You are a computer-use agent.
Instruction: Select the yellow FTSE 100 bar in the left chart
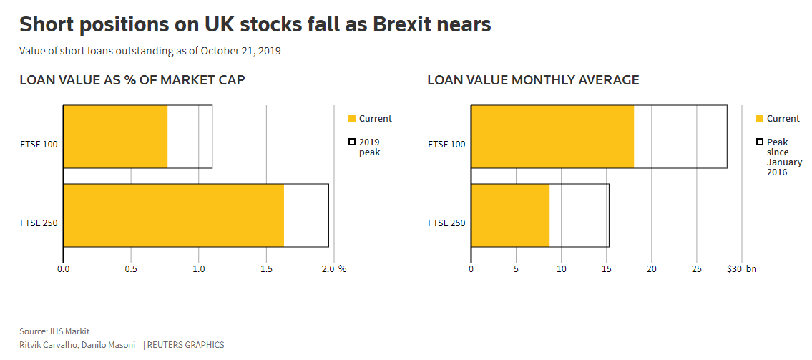coord(115,137)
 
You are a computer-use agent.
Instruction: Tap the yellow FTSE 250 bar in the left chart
coord(174,215)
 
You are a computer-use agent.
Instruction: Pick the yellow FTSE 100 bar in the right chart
coord(552,137)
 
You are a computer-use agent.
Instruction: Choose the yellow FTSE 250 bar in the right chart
coord(510,215)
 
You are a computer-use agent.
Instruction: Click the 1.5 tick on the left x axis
coord(266,269)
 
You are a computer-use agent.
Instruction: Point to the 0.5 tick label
coord(131,269)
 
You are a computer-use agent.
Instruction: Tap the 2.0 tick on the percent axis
coord(328,269)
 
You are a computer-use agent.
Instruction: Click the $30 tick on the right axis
coord(735,269)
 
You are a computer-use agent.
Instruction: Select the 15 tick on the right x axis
coord(606,269)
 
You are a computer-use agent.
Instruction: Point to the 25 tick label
coord(696,269)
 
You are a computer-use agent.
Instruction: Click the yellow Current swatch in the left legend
coord(352,119)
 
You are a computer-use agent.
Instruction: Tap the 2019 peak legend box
coord(352,142)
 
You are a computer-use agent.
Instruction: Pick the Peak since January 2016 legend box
coord(760,142)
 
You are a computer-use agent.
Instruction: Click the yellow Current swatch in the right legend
coord(760,119)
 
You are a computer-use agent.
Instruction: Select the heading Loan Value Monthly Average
coord(533,80)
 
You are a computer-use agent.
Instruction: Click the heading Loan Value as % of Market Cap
coord(132,80)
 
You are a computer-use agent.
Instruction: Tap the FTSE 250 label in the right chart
coord(446,223)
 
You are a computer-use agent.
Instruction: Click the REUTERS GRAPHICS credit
coord(185,345)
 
